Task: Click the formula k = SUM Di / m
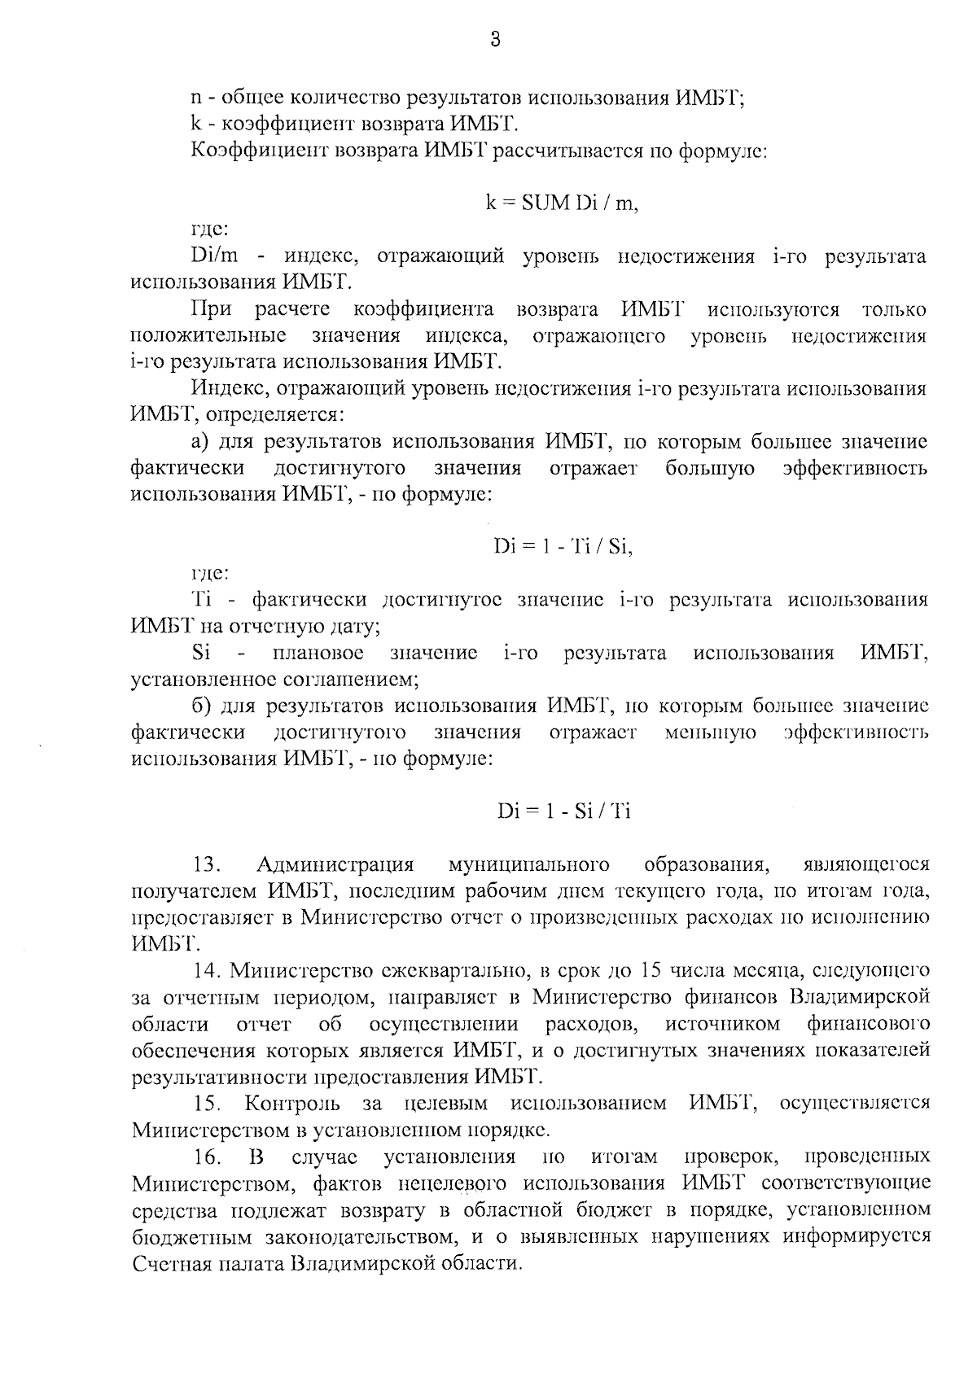[x=563, y=203]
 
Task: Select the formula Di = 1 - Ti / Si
[x=563, y=547]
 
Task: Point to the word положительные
[x=208, y=335]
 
